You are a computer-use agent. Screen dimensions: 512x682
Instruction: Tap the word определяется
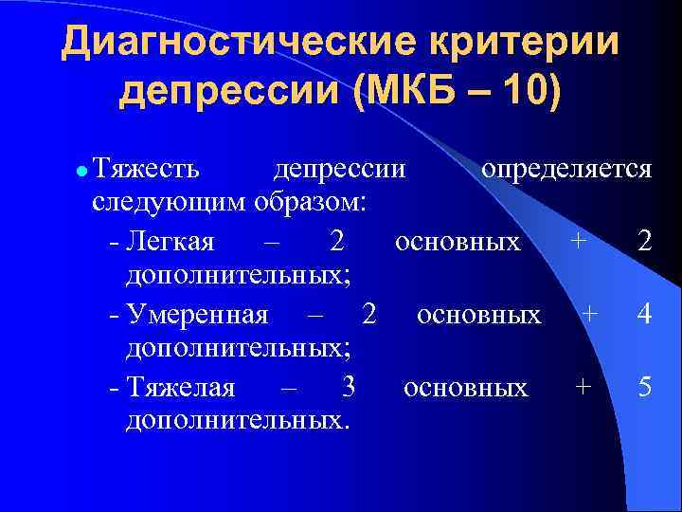(x=566, y=170)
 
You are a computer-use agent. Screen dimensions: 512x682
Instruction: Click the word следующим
(x=170, y=203)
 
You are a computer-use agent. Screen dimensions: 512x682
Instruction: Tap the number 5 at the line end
(x=643, y=387)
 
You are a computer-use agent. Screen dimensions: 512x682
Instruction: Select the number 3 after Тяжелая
(x=348, y=387)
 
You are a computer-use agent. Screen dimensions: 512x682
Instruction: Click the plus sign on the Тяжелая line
(x=583, y=387)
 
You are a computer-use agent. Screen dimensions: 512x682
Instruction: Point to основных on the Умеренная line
(x=479, y=314)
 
